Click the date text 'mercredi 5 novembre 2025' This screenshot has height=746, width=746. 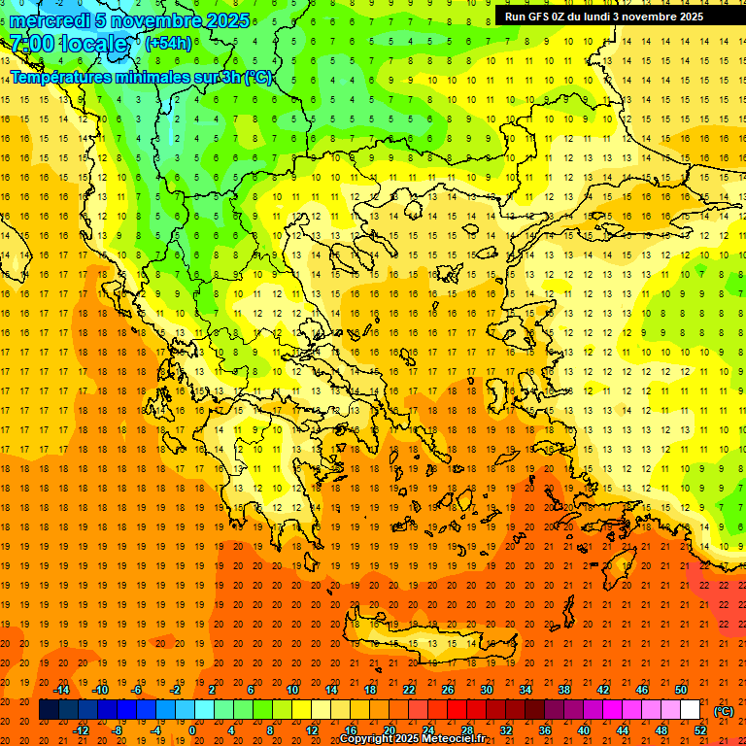pyautogui.click(x=129, y=20)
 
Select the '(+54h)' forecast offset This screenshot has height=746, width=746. pyautogui.click(x=168, y=44)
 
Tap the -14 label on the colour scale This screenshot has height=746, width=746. pyautogui.click(x=62, y=690)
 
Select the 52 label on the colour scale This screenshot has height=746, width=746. pyautogui.click(x=700, y=730)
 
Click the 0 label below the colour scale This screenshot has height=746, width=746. pyautogui.click(x=191, y=730)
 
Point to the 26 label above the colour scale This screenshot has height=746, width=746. pyautogui.click(x=448, y=690)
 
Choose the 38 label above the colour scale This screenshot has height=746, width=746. pyautogui.click(x=563, y=690)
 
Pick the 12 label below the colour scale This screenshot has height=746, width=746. pyautogui.click(x=312, y=730)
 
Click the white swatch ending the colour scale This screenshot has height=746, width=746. pyautogui.click(x=690, y=710)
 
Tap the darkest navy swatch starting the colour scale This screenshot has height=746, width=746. pyautogui.click(x=49, y=710)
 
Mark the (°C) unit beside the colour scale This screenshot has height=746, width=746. pyautogui.click(x=724, y=711)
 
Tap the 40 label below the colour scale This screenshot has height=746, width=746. pyautogui.click(x=583, y=730)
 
